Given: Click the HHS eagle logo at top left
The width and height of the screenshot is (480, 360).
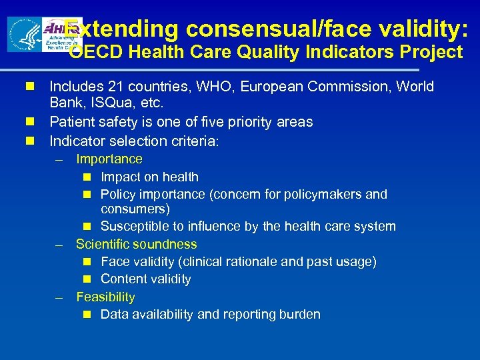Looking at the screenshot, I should tap(25, 34).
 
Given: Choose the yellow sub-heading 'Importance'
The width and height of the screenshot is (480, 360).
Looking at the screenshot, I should tap(109, 159).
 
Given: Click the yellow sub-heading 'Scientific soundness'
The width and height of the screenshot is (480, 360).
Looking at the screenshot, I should tap(136, 244).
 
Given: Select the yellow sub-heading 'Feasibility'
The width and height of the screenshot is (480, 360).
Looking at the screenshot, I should tap(105, 297).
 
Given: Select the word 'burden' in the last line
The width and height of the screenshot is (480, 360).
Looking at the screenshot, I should tap(299, 315).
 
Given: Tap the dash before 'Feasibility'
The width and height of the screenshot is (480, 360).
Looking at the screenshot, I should tap(59, 298).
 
